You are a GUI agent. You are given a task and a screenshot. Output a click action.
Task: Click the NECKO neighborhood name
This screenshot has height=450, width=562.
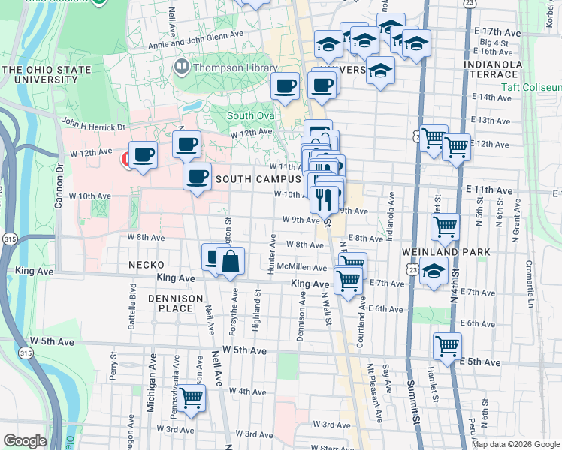pyautogui.click(x=146, y=265)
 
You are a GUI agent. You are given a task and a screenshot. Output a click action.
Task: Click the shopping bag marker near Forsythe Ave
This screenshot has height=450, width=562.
pyautogui.click(x=231, y=262)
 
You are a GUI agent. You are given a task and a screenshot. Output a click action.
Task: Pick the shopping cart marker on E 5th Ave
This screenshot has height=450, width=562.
pyautogui.click(x=447, y=346)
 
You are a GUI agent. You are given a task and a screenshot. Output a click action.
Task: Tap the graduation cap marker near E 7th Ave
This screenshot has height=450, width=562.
pyautogui.click(x=434, y=271)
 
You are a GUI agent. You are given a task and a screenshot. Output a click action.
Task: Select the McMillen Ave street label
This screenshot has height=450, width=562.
pyautogui.click(x=301, y=267)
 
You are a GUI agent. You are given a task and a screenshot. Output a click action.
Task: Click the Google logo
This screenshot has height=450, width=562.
pyautogui.click(x=25, y=440)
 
